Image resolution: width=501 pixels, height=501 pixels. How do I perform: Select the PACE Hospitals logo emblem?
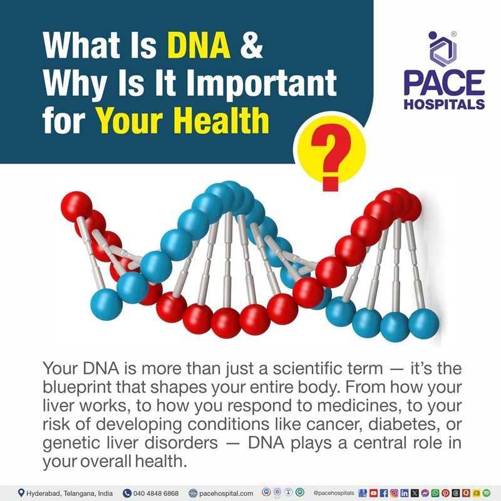tap(443, 48)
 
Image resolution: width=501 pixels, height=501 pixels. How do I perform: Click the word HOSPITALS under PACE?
tap(443, 103)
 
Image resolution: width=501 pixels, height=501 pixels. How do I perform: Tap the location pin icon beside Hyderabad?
tap(21, 493)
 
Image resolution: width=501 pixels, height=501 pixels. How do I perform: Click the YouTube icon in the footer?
tap(373, 493)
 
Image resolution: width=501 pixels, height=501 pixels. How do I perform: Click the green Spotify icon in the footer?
tap(487, 493)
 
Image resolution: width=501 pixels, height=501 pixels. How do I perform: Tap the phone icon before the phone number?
tap(127, 493)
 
